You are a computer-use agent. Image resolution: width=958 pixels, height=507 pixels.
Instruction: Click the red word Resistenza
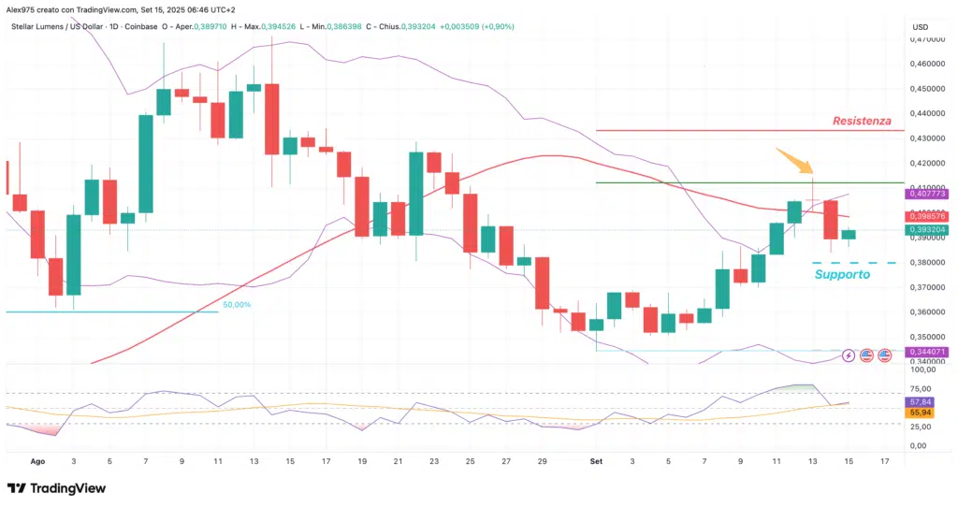coord(863,121)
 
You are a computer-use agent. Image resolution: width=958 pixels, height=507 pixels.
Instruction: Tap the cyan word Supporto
coord(842,275)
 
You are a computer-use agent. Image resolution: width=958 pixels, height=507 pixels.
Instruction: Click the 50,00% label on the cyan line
coord(236,305)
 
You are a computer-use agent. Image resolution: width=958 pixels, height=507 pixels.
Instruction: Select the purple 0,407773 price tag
coord(927,194)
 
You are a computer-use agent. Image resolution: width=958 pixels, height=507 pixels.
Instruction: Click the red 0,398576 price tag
coord(927,214)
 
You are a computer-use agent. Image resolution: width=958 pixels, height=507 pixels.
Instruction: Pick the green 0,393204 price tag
coord(927,229)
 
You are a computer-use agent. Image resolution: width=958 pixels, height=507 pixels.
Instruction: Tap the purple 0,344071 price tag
coord(927,352)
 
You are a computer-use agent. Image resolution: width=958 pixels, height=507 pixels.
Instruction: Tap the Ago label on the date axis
coord(38,461)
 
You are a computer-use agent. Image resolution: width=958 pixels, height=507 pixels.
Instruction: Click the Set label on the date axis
coord(595,461)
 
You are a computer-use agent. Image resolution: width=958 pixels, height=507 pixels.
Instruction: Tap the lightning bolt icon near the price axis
coord(849,355)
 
